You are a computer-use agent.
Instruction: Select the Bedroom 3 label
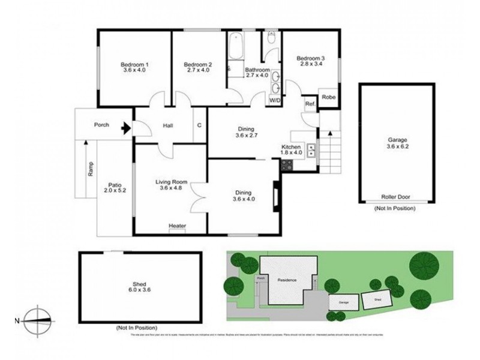(x=311, y=61)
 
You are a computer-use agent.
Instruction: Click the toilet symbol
(x=271, y=40)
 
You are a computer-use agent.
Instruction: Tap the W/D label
(x=276, y=100)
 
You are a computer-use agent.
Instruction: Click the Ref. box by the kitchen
(x=310, y=104)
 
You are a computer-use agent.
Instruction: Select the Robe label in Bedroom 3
(x=328, y=97)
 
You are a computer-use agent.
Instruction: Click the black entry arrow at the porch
(x=125, y=127)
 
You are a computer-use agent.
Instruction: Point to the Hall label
(x=168, y=126)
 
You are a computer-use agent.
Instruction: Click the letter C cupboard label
(x=199, y=126)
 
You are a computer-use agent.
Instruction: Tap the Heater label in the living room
(x=177, y=226)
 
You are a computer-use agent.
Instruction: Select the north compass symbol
(x=37, y=320)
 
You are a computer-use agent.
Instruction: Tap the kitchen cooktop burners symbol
(x=312, y=150)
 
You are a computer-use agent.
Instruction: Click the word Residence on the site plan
(x=287, y=280)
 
